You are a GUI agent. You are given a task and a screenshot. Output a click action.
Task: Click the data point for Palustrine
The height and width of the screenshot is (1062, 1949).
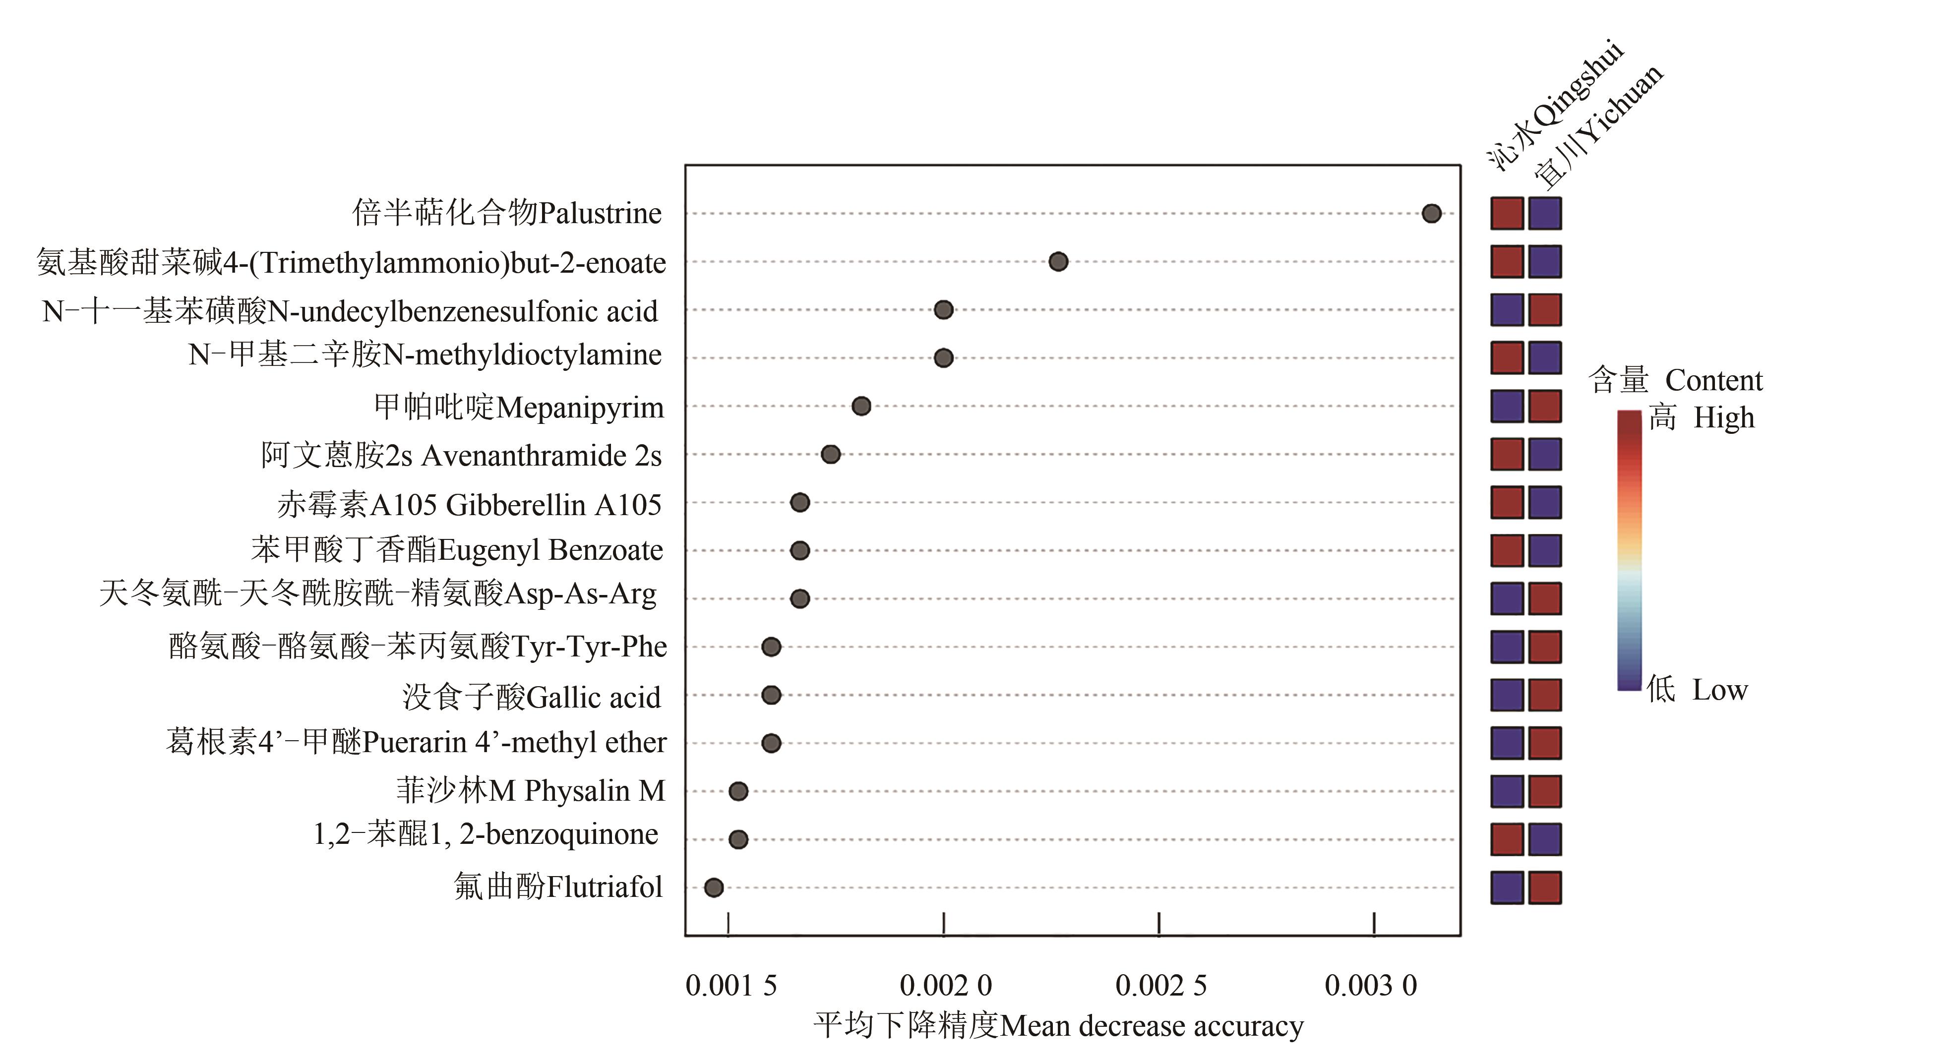(1431, 213)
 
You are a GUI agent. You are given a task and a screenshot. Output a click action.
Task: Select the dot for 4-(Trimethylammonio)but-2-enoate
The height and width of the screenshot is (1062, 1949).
(1058, 262)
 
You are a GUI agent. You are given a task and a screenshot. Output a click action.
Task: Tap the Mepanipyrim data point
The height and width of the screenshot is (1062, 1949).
(861, 406)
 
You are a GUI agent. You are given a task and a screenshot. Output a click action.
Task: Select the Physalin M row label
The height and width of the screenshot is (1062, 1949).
(530, 790)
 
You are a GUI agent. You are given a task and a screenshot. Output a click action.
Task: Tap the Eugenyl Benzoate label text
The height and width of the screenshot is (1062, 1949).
(457, 550)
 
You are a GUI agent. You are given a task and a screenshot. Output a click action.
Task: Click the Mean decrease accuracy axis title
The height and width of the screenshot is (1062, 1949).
(1058, 1026)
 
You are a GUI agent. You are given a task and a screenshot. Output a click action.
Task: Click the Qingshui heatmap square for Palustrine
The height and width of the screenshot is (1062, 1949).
(1507, 213)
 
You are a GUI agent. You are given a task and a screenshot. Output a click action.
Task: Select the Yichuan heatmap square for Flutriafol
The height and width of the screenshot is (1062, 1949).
(1545, 887)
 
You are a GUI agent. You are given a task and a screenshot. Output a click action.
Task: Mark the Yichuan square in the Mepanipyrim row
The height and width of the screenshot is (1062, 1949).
(1545, 406)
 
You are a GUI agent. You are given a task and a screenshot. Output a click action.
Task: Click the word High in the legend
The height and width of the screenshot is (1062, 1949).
(1723, 417)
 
